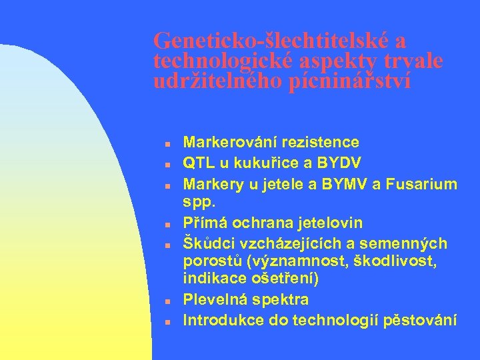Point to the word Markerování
click(230, 143)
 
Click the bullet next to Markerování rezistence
click(169, 143)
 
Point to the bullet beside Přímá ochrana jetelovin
click(169, 223)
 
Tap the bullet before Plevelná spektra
click(169, 301)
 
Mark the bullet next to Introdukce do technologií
click(169, 321)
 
